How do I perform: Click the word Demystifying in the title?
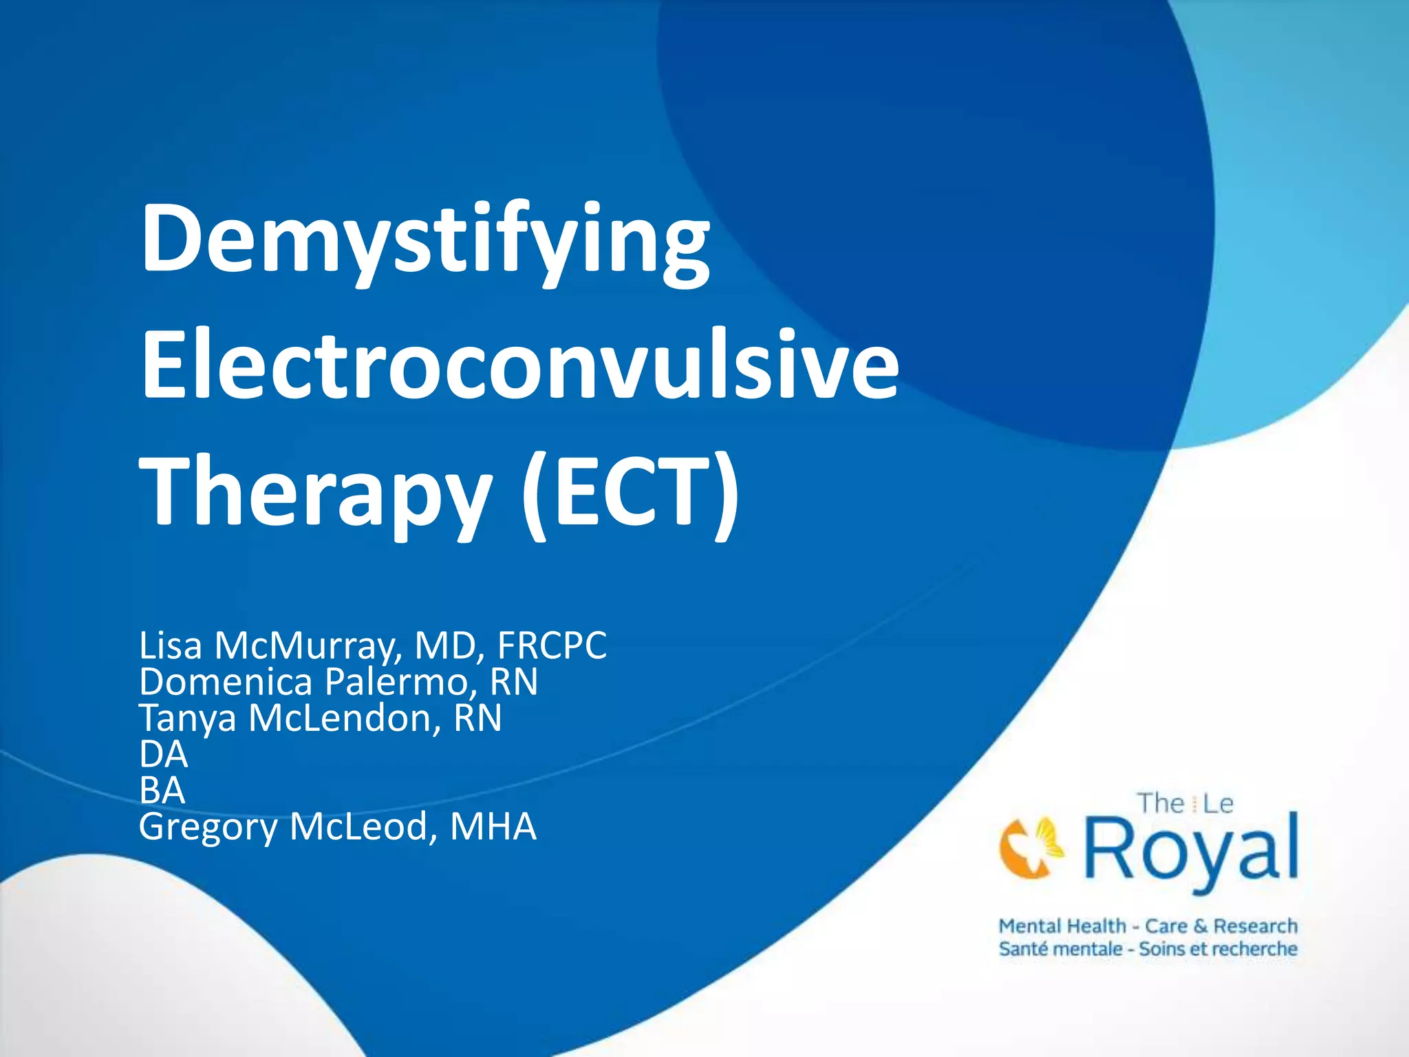pos(425,241)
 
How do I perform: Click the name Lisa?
pos(171,645)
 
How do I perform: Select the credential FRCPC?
pos(552,645)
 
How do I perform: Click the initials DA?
pos(164,754)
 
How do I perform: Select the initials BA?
pos(162,790)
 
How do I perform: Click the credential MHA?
pos(493,826)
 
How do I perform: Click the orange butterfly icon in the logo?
pos(1031,847)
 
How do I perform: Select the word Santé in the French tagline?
pos(1024,949)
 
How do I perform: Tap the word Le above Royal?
pos(1218,804)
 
